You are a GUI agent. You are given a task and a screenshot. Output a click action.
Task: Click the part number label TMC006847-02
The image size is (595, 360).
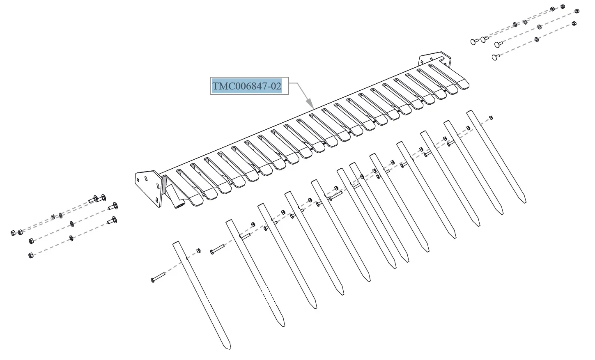(247, 86)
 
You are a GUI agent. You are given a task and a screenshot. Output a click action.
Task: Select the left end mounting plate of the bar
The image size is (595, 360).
(149, 188)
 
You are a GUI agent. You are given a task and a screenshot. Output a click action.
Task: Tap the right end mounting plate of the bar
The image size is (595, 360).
(434, 59)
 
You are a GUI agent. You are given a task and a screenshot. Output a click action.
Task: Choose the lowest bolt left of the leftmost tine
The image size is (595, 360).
(158, 277)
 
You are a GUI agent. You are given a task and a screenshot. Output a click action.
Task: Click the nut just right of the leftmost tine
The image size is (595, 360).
(198, 251)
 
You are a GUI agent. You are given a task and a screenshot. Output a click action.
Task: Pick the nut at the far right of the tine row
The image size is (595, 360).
(491, 118)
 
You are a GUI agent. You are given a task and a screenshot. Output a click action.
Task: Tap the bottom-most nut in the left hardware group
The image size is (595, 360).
(31, 255)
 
